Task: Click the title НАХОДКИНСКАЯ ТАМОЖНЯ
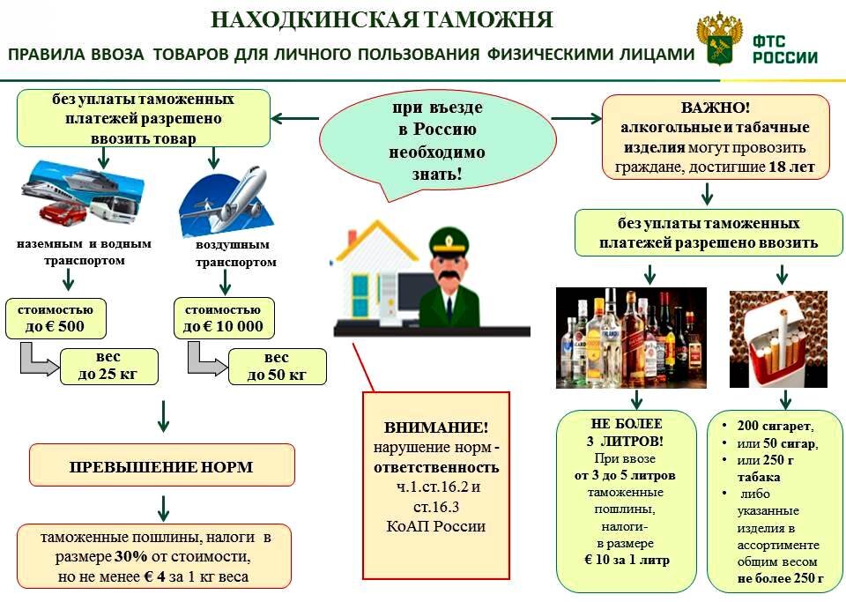click(x=383, y=19)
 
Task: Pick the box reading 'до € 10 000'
click(x=223, y=320)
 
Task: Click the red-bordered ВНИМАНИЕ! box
click(x=436, y=485)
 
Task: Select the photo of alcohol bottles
click(x=631, y=338)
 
